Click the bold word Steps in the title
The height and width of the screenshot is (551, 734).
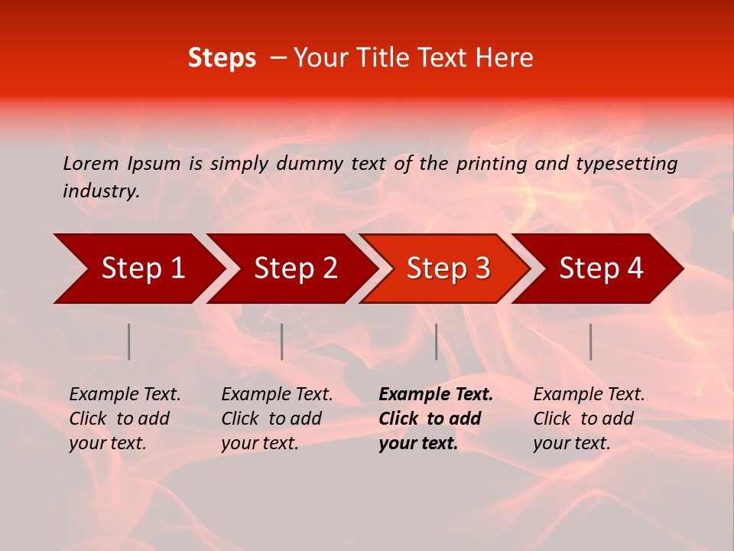pos(222,58)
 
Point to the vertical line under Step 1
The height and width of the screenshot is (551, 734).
pos(129,341)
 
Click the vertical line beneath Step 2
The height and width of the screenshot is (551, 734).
pos(282,341)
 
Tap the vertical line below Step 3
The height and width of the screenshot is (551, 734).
pos(436,341)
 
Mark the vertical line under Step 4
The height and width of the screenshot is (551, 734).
pos(590,341)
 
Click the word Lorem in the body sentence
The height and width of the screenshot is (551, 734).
pos(91,163)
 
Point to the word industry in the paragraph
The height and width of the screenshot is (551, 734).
pos(101,191)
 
